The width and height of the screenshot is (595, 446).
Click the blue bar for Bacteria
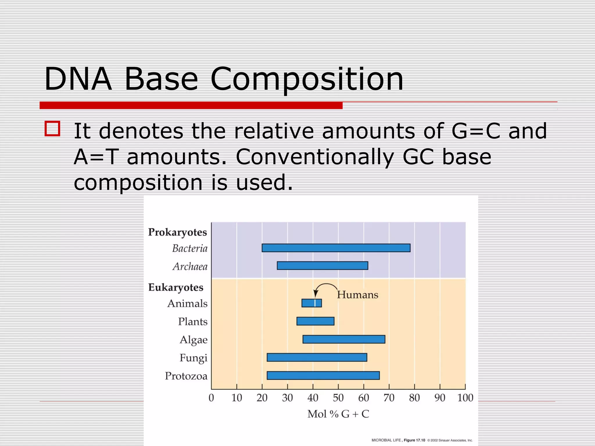point(336,248)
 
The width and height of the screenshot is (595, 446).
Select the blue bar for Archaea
point(322,266)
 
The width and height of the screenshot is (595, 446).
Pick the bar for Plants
point(315,321)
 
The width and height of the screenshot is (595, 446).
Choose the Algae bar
point(344,339)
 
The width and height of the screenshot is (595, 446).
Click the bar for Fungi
point(317,357)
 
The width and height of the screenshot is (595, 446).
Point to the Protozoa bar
point(323,375)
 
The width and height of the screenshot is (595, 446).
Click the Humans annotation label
point(357,295)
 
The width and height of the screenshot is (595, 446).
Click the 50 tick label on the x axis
point(338,398)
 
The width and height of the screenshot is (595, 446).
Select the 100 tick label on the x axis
point(465,398)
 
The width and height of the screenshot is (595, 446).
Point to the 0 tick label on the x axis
point(211,398)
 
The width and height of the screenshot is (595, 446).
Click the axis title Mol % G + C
point(338,414)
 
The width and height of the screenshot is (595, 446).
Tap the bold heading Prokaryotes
point(178,232)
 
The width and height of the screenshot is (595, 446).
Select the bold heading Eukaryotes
point(176,287)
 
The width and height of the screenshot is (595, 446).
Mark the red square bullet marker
point(52,129)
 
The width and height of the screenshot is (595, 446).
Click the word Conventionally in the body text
point(315,157)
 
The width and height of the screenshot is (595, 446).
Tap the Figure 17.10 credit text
point(414,440)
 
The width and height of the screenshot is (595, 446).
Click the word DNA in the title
point(78,79)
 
